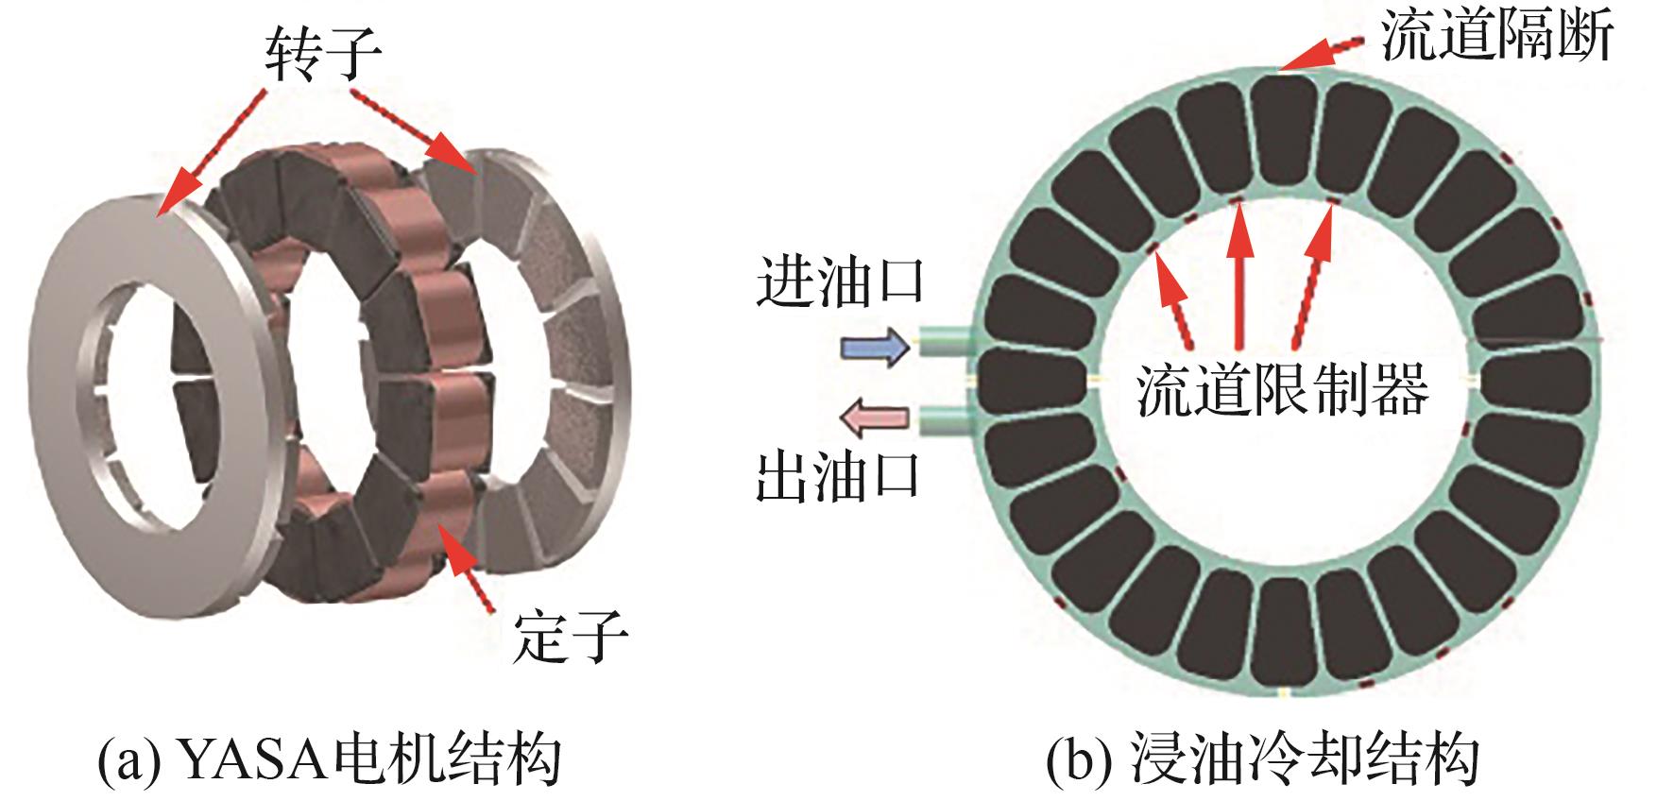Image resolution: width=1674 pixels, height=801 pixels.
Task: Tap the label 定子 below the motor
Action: pos(570,635)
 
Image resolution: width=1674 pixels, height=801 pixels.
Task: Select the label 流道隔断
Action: pos(1496,39)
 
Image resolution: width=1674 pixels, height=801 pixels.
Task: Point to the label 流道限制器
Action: pos(1282,390)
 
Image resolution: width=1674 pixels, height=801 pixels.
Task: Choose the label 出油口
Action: pos(839,477)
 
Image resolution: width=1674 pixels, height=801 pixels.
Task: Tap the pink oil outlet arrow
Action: pos(875,418)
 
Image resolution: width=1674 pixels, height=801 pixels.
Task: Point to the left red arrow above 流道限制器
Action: pos(1174,298)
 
